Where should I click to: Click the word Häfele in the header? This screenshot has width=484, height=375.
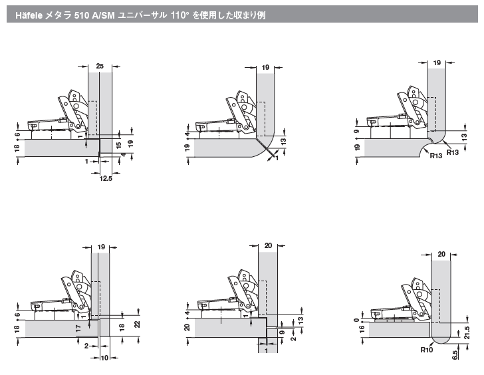(29, 15)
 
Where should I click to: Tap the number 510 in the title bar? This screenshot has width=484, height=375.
(82, 15)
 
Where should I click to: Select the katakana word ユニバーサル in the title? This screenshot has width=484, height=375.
(142, 15)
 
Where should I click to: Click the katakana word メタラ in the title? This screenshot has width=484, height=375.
(59, 15)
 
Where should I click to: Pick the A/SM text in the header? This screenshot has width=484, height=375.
(104, 15)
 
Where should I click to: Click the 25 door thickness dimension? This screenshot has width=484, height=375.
(100, 66)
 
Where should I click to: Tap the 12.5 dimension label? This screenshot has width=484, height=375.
(106, 178)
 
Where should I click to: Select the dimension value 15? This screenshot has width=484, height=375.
(119, 146)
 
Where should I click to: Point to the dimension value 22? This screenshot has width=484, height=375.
(137, 324)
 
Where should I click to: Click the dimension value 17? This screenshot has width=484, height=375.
(78, 328)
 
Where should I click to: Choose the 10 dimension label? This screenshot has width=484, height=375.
(104, 358)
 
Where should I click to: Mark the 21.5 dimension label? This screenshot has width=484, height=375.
(467, 332)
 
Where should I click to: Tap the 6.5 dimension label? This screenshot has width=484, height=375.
(455, 355)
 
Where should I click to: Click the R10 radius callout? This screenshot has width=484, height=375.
(427, 350)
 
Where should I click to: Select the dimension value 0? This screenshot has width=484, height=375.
(357, 320)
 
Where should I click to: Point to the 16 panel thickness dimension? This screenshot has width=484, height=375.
(362, 328)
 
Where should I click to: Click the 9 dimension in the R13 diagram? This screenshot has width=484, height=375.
(358, 131)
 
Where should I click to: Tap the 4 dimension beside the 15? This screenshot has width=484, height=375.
(124, 154)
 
